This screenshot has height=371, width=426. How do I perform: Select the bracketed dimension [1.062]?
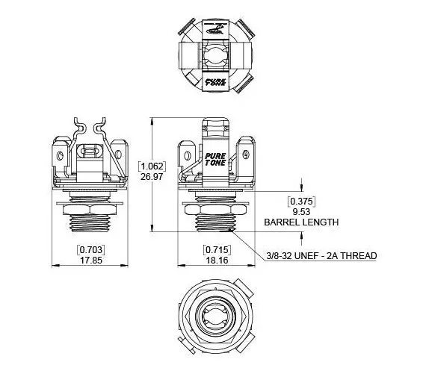click(x=152, y=165)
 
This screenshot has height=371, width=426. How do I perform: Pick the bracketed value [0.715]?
click(x=217, y=249)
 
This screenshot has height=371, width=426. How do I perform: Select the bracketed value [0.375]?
click(x=300, y=201)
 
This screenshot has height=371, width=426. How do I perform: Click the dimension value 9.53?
click(x=300, y=211)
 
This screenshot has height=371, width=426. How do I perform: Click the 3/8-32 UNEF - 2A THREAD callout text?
click(x=321, y=256)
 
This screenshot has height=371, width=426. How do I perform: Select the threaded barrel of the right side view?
click(x=217, y=223)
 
